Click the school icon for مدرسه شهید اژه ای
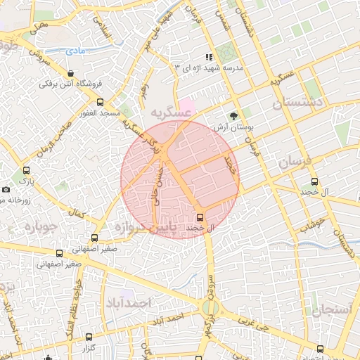tap(208, 57)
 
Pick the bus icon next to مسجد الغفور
tap(99, 103)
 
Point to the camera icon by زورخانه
tap(6, 190)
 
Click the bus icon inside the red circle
tap(200, 217)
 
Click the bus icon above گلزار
tap(89, 337)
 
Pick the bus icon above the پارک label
tap(27, 170)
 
